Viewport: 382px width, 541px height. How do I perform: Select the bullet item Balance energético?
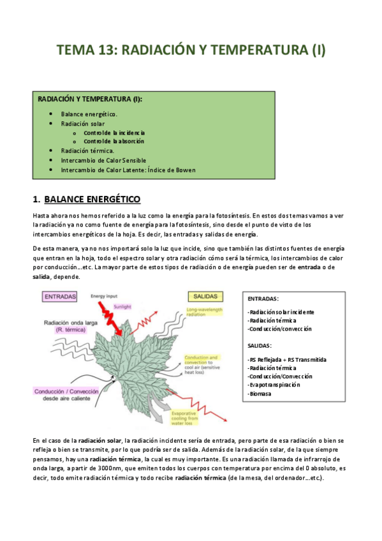coord(89,114)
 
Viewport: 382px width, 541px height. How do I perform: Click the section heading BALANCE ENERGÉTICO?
coord(92,200)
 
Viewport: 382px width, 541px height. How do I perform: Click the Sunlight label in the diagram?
coord(123,306)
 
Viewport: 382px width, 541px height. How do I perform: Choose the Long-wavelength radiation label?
coord(204,311)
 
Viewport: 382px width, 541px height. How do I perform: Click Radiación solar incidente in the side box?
coord(281,312)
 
